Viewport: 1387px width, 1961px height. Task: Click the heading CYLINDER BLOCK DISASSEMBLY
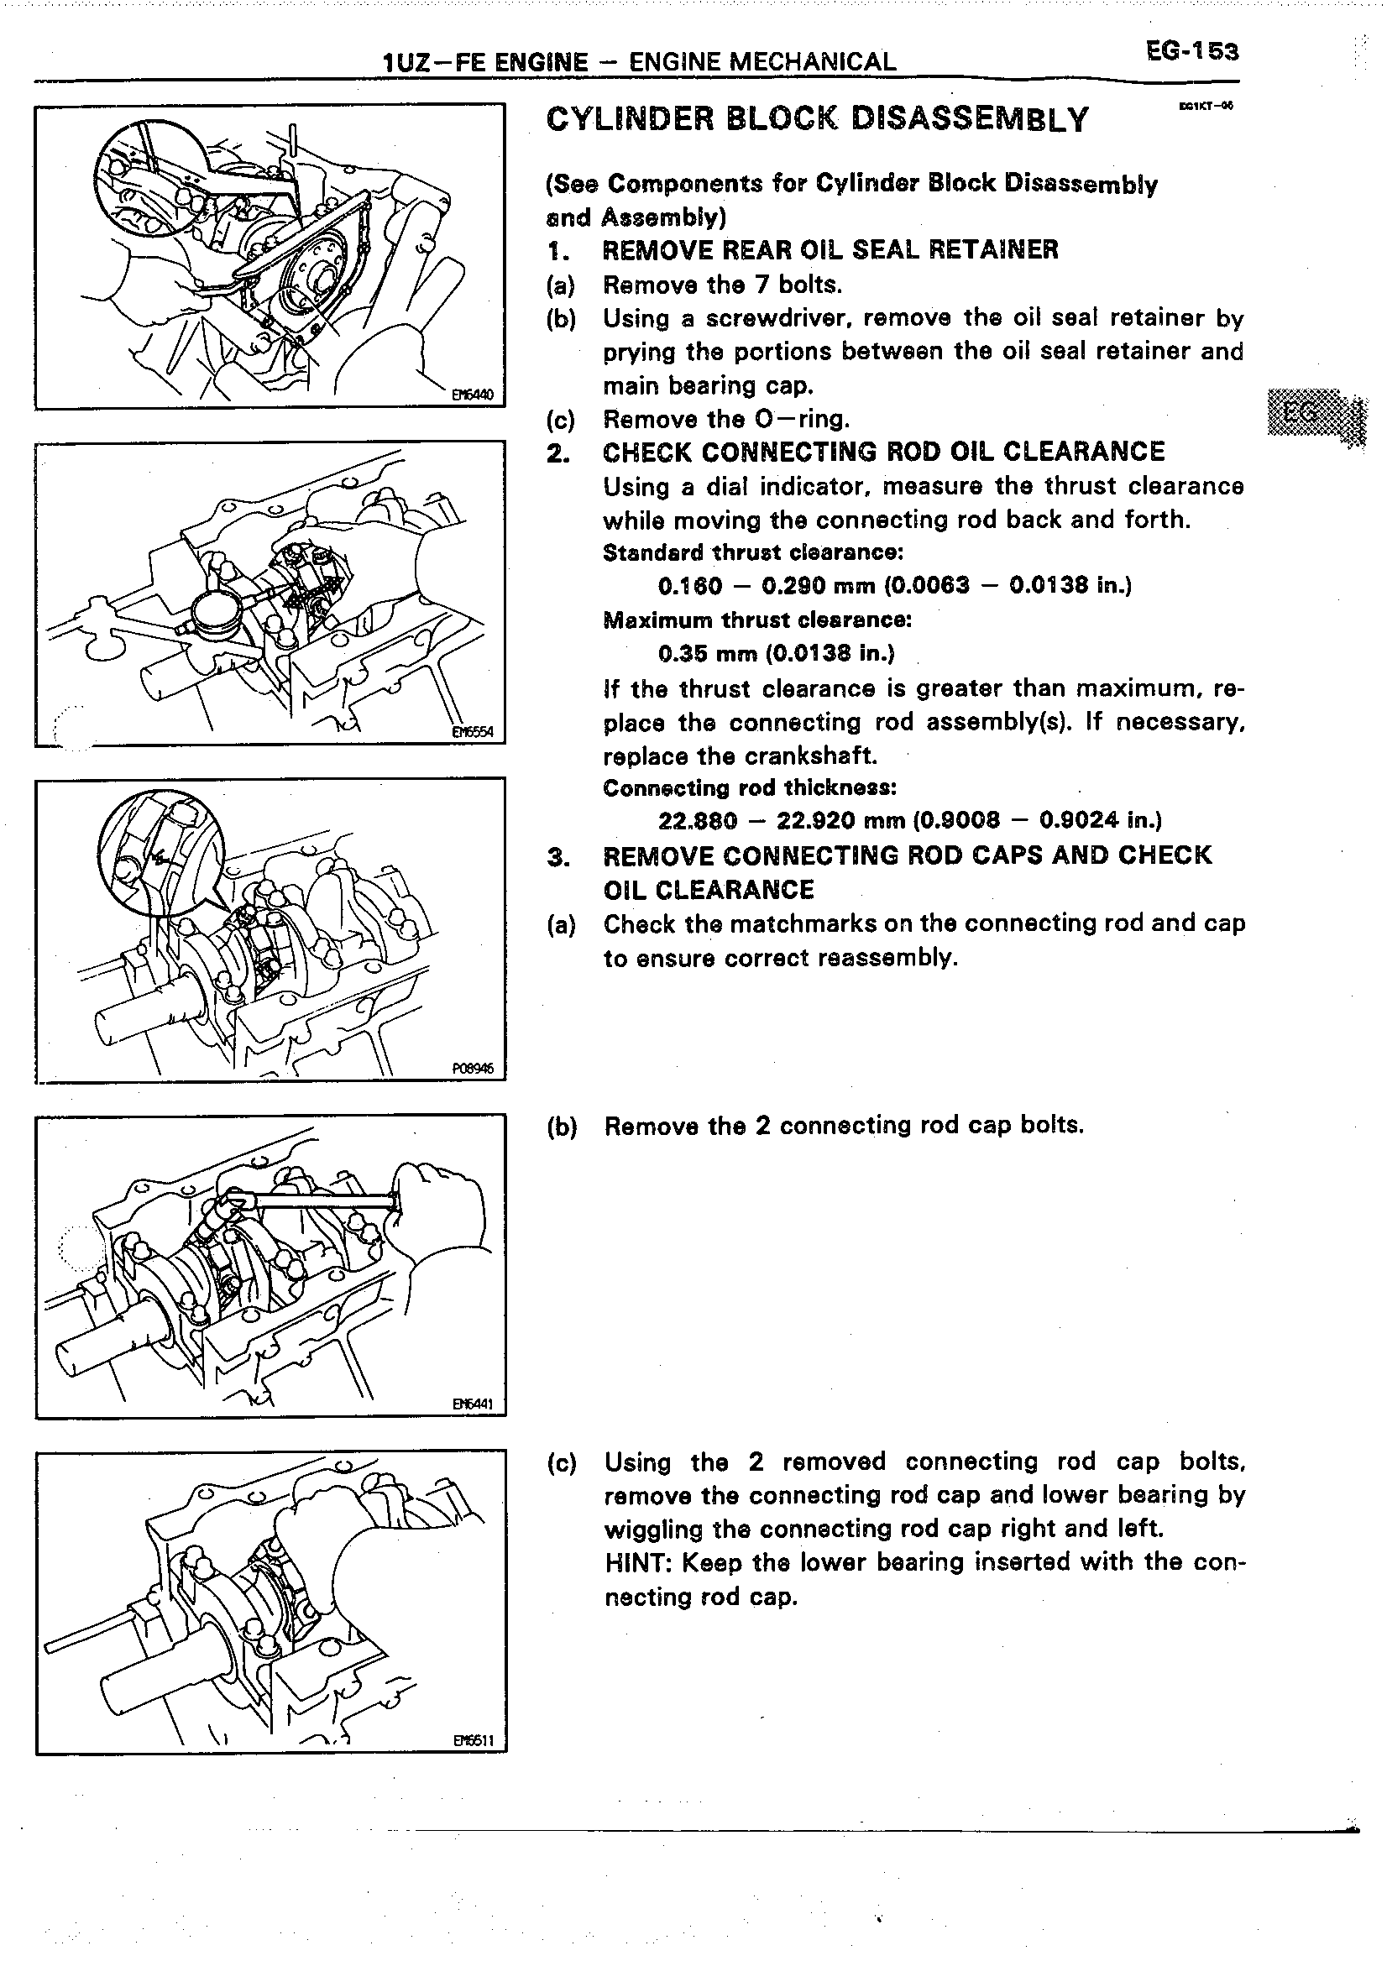818,119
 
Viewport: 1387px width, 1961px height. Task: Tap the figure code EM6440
467,395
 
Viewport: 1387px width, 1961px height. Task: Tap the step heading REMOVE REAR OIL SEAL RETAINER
830,249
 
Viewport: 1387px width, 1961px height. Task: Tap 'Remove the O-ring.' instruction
726,420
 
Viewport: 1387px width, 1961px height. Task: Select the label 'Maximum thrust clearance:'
756,620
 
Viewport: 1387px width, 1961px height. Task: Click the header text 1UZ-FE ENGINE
486,61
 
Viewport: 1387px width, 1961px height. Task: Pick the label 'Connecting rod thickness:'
749,787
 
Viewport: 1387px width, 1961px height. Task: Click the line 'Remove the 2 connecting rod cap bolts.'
844,1126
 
